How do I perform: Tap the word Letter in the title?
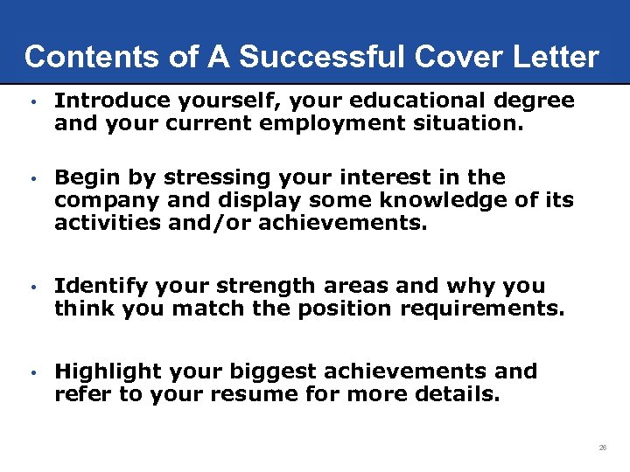[557, 58]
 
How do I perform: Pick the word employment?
[333, 123]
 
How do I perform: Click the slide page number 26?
[603, 448]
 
